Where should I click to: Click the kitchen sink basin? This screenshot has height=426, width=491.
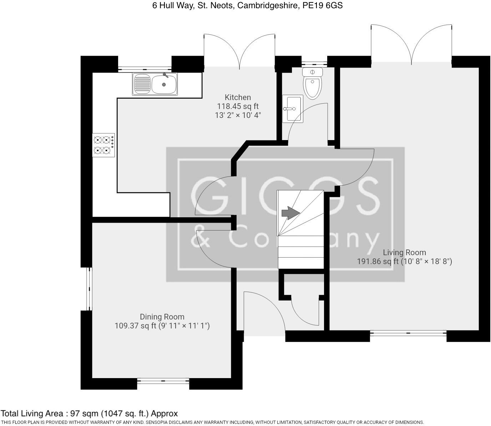(x=164, y=84)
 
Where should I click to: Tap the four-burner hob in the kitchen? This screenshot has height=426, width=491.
(x=103, y=145)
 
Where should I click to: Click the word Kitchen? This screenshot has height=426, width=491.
(x=238, y=97)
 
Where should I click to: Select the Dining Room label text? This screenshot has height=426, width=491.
(x=162, y=317)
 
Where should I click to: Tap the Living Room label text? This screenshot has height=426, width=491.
(x=404, y=252)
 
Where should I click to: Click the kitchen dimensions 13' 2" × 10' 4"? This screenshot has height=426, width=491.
(x=238, y=115)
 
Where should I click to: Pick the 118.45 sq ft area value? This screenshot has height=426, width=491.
(x=238, y=106)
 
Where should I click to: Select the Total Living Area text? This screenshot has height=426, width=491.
(x=89, y=414)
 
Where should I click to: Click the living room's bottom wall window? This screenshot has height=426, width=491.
(x=408, y=333)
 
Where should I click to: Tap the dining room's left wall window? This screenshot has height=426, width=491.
(x=89, y=289)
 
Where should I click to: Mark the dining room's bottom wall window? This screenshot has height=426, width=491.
(x=163, y=381)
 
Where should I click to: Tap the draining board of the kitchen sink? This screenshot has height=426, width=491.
(x=142, y=84)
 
